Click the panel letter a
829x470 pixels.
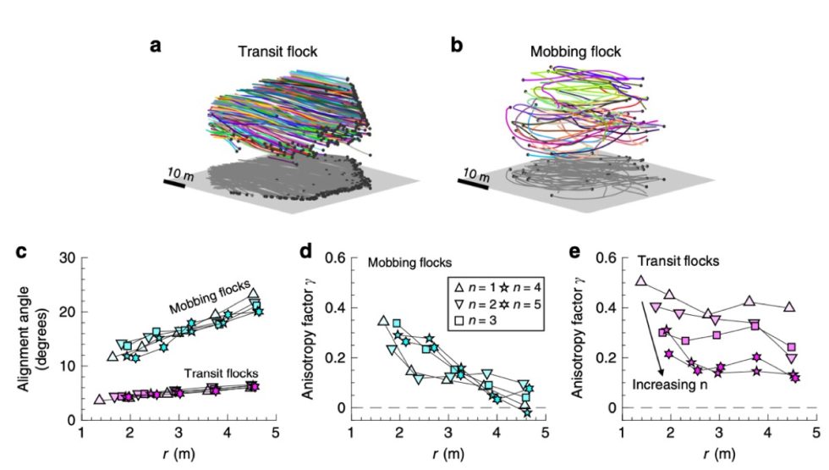coord(156,46)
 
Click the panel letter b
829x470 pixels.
coord(456,46)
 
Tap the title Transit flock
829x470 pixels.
coord(272,52)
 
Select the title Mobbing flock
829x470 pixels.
coord(575,52)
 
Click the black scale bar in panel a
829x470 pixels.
coord(175,183)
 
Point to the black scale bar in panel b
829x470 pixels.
coord(475,184)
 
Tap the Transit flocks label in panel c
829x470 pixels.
coord(221,373)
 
